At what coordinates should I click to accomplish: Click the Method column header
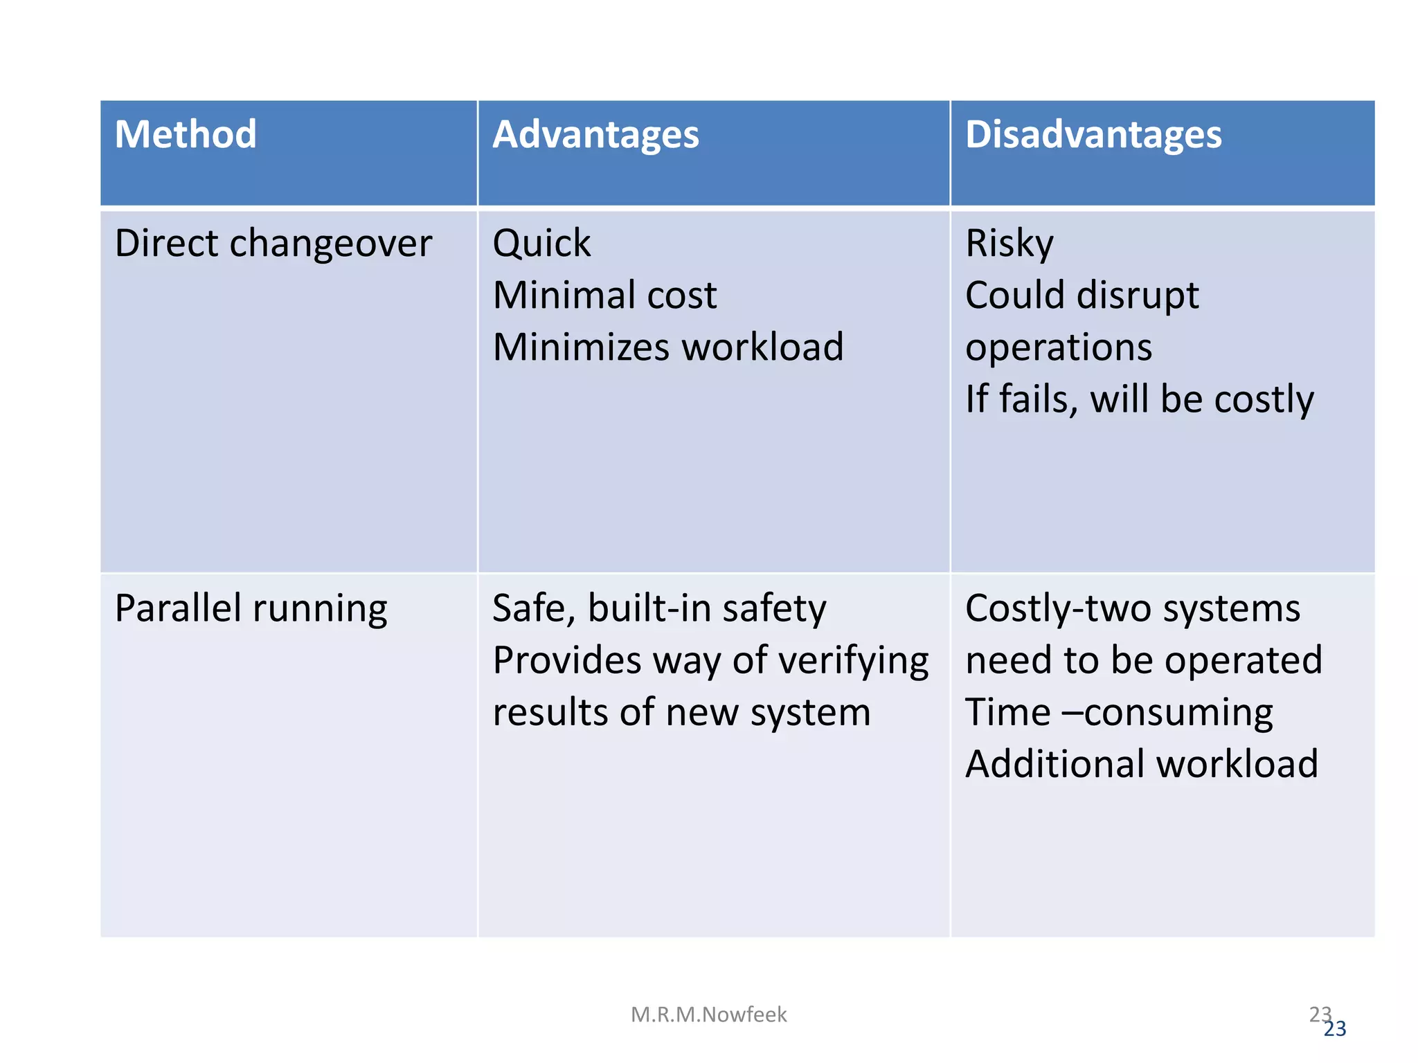coord(186,134)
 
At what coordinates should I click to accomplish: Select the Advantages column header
coord(595,134)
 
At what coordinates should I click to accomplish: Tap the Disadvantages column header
coord(1093,134)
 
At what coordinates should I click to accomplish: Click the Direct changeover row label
coord(273,244)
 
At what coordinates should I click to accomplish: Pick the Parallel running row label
coord(251,609)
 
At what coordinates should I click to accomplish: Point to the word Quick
coord(541,244)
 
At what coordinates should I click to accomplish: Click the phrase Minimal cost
coord(604,296)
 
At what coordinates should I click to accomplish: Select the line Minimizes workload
coord(668,347)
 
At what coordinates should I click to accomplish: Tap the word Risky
coord(1009,244)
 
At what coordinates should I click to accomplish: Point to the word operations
coord(1059,347)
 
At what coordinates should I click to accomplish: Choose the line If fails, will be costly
coord(1140,399)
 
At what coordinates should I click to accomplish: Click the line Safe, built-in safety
coord(659,609)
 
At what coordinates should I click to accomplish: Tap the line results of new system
coord(681,713)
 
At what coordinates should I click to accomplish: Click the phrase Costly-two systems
coord(1133,609)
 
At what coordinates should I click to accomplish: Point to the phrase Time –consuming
coord(1119,713)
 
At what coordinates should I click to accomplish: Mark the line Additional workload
coord(1142,765)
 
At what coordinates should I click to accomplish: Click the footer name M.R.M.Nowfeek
coord(708,1015)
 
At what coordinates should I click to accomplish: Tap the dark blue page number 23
coord(1336,1030)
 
